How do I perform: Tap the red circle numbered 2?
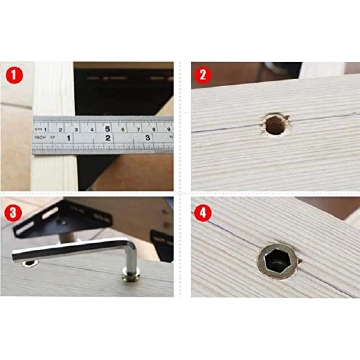[202, 76]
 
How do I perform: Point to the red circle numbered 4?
[202, 212]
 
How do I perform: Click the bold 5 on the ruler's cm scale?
[107, 129]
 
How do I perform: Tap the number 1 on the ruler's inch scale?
[68, 138]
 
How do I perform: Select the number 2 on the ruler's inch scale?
[108, 138]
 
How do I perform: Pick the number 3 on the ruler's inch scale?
[148, 138]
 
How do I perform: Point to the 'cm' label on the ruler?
[38, 129]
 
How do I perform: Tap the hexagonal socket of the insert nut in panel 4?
[277, 261]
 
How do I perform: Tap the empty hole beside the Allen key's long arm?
[30, 263]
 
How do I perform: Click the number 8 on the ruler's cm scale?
[153, 129]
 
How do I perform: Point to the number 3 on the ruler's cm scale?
[76, 130]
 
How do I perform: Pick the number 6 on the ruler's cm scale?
[123, 129]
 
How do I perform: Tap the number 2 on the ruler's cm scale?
[61, 130]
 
